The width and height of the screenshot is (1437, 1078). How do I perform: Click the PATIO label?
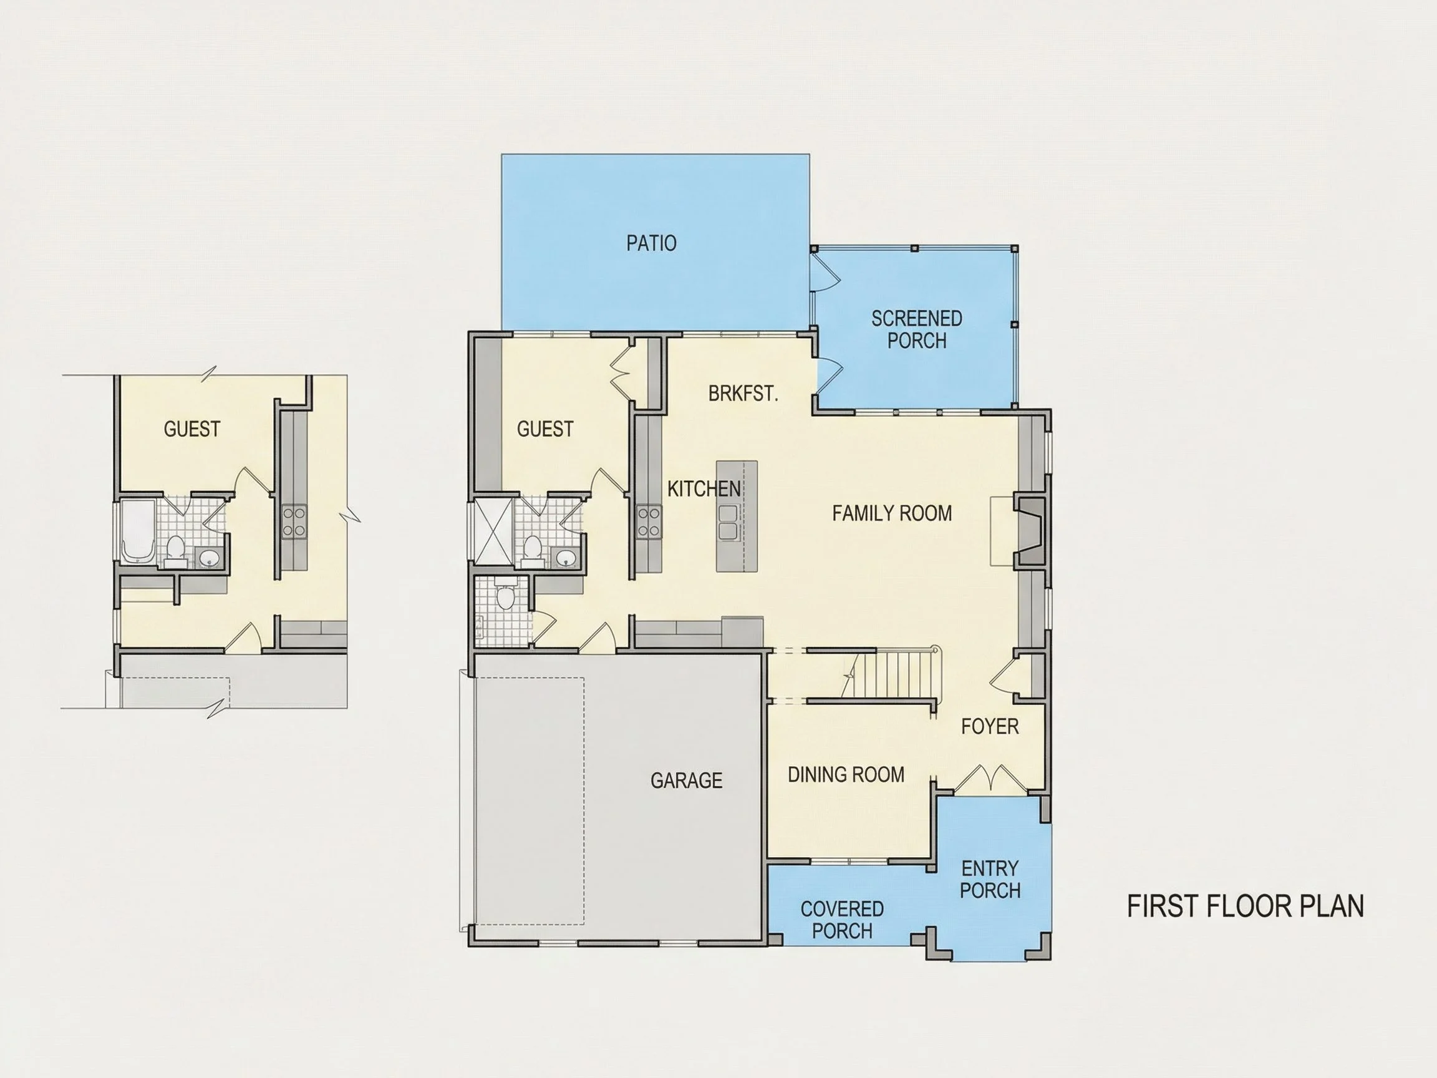coord(651,243)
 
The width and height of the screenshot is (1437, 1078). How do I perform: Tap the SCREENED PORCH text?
coord(917,329)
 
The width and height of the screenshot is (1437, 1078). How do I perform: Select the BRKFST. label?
coord(743,394)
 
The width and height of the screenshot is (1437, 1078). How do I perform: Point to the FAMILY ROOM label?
coord(892,513)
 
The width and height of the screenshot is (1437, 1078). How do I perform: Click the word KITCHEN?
coord(704,488)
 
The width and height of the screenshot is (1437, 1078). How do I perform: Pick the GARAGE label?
coord(687,780)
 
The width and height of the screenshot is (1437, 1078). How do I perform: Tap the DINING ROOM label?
coord(846,775)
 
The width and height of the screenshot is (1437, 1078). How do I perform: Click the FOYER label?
coord(990,726)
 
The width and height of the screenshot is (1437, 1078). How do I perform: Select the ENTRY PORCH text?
coord(990,879)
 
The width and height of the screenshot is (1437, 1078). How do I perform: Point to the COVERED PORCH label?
coord(842,920)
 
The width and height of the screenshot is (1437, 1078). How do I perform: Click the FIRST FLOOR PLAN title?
coord(1246,906)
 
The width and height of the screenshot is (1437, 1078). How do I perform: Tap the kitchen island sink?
coord(729,522)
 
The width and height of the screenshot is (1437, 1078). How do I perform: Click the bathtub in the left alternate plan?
coord(138,531)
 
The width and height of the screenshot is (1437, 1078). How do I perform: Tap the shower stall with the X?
coord(495,530)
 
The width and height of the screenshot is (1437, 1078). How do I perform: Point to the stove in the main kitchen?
coord(649,522)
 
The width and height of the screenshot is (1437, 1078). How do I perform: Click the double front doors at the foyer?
coord(990,780)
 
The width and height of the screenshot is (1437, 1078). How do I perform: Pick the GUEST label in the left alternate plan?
coord(191,429)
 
